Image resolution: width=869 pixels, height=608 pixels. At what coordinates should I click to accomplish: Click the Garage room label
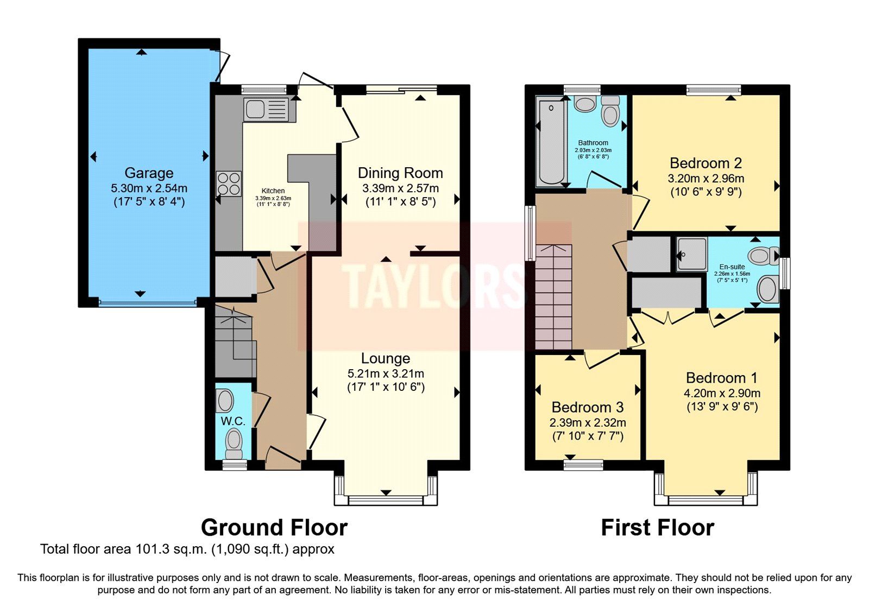pos(149,173)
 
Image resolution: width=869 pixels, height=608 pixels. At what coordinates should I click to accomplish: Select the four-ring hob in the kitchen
pos(229,183)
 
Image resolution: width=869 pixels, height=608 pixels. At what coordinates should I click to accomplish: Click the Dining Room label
pos(400,173)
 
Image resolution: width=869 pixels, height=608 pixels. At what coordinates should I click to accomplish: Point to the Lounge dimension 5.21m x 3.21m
pos(386,373)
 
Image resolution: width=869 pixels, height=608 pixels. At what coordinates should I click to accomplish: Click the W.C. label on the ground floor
pos(233,421)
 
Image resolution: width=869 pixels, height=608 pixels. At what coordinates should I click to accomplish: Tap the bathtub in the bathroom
pos(551,142)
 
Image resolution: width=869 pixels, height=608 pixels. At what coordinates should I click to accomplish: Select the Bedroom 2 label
pos(706,163)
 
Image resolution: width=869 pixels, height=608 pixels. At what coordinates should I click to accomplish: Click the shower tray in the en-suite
pos(692,254)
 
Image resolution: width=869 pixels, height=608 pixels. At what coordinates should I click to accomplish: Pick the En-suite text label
pos(732,267)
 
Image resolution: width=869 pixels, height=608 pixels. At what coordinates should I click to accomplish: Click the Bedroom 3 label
pos(587,407)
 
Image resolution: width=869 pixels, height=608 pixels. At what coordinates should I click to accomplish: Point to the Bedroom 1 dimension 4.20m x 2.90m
pos(722,393)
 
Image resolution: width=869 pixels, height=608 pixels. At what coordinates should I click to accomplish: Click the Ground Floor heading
pos(274,528)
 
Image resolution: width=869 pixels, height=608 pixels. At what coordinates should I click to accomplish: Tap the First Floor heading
pos(657,528)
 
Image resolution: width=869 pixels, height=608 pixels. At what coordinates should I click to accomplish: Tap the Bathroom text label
pos(593,143)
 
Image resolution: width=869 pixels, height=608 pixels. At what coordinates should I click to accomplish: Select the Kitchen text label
pos(273,191)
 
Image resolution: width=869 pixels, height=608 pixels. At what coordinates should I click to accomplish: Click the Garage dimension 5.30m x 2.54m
pos(149,188)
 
